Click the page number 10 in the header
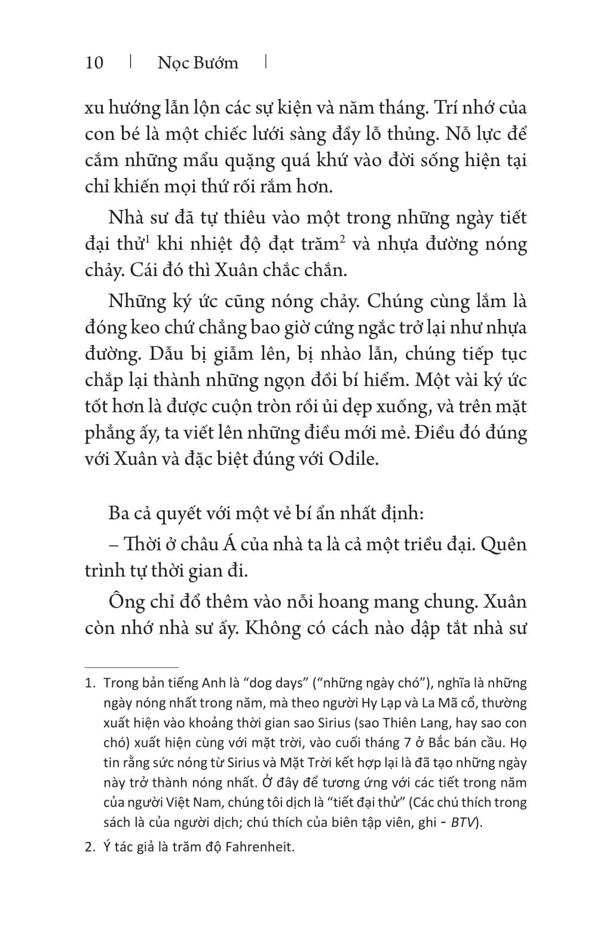click(x=94, y=63)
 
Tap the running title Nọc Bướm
click(x=198, y=63)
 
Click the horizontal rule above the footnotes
click(x=132, y=666)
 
